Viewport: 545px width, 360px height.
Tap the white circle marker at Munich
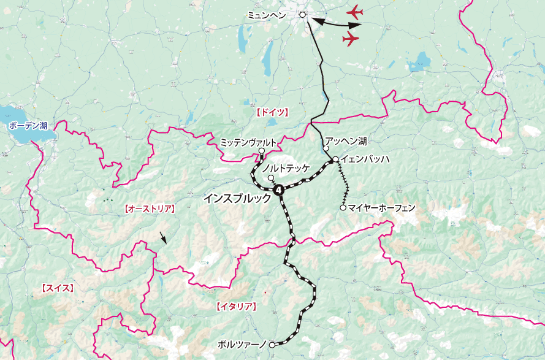click(302, 14)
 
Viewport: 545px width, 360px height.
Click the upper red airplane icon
click(354, 12)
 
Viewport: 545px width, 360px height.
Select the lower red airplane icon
click(350, 39)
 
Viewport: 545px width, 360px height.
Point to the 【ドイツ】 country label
click(270, 113)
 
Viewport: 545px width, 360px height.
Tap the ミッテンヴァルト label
click(248, 142)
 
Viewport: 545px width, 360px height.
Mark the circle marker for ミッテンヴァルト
click(262, 151)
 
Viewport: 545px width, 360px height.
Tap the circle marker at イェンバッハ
click(335, 160)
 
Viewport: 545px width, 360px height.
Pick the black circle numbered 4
click(280, 191)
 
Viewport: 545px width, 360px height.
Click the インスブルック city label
click(237, 199)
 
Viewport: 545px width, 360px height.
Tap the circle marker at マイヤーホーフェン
click(343, 207)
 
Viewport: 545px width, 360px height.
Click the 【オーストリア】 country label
click(149, 209)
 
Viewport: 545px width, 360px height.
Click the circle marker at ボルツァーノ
click(272, 345)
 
